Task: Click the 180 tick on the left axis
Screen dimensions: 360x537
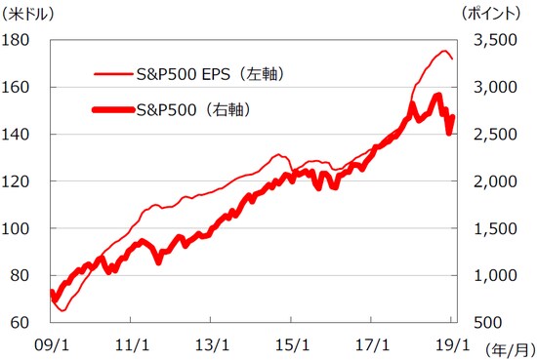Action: pyautogui.click(x=19, y=40)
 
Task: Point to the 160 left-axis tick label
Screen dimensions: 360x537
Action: pyautogui.click(x=19, y=87)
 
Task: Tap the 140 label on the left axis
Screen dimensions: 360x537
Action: pyautogui.click(x=19, y=134)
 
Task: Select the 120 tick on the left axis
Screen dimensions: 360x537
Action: pyautogui.click(x=19, y=181)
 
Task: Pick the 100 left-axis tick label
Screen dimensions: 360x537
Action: pyautogui.click(x=19, y=228)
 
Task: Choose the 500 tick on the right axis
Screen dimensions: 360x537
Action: pyautogui.click(x=495, y=323)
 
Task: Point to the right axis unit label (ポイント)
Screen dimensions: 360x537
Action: pyautogui.click(x=493, y=14)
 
